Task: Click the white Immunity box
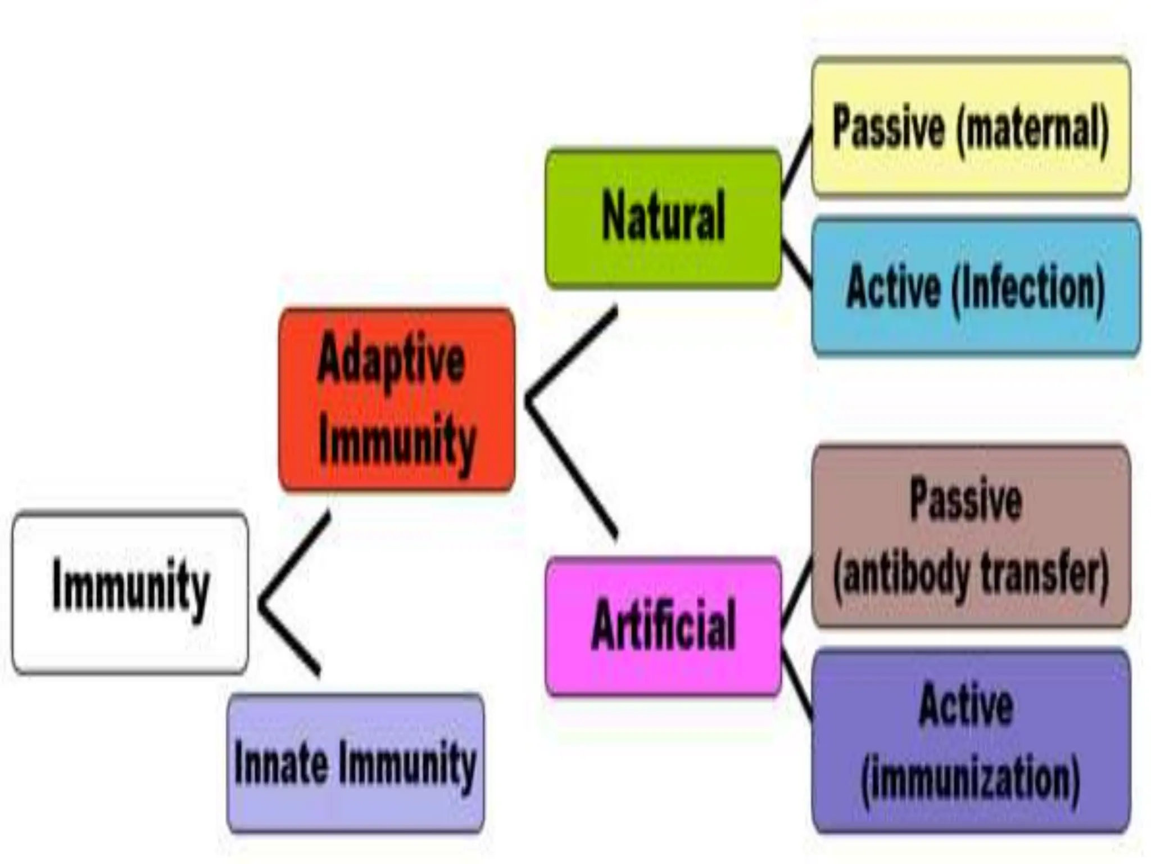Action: click(130, 593)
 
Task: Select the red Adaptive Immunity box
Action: click(397, 400)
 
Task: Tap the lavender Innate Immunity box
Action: click(355, 763)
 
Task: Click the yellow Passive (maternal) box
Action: click(971, 127)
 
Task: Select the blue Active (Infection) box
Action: click(976, 287)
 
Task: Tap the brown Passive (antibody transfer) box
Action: click(971, 536)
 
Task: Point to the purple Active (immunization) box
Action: click(971, 741)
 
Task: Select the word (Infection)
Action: click(1028, 288)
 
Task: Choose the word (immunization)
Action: click(971, 778)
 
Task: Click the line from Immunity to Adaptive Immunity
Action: click(295, 557)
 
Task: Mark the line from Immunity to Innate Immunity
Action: click(289, 638)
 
